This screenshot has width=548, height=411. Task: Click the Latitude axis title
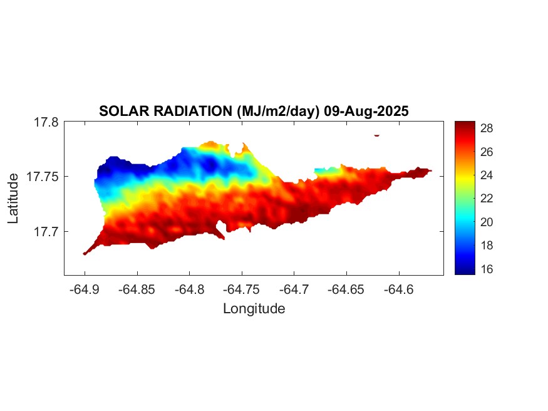click(x=14, y=199)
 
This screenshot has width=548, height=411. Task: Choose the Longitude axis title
click(x=254, y=309)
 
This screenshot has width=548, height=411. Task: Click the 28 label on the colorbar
click(x=487, y=128)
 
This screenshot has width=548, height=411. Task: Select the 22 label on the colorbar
click(x=487, y=199)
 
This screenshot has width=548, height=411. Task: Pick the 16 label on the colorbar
click(x=487, y=269)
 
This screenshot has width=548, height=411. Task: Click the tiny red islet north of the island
click(x=377, y=135)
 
